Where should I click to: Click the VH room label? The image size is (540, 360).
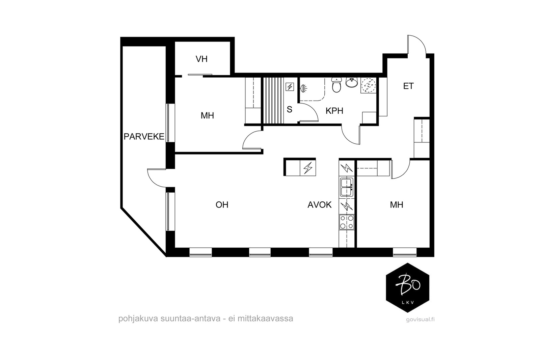click(201, 59)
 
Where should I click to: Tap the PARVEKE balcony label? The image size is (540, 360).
click(144, 137)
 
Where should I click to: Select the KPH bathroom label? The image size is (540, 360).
click(334, 111)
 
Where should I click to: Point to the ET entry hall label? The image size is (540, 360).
click(408, 86)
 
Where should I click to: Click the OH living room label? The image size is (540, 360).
click(222, 205)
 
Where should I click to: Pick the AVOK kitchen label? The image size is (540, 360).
click(319, 205)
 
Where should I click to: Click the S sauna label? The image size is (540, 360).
click(290, 109)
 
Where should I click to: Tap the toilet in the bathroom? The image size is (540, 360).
click(336, 85)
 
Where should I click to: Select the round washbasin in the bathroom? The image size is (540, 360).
click(352, 82)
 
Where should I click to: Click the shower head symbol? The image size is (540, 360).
click(304, 89)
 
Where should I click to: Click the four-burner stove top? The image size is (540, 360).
click(347, 222)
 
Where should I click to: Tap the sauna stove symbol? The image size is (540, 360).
click(290, 86)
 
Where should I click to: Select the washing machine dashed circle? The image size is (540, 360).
click(368, 85)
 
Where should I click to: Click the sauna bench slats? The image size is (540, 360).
click(273, 100)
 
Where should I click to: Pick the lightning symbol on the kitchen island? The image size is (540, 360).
click(308, 168)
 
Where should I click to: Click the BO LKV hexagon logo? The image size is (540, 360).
click(407, 287)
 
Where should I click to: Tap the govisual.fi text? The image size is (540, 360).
click(420, 320)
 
